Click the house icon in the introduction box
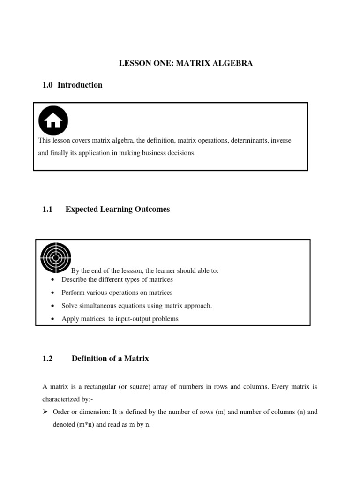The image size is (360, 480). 53,120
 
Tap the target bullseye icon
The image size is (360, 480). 56,257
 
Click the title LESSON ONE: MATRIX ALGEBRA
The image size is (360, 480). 186,63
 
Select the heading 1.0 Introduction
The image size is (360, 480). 72,85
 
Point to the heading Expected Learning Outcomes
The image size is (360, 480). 118,209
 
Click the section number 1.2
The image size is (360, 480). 48,359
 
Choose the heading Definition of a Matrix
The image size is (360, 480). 110,359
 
